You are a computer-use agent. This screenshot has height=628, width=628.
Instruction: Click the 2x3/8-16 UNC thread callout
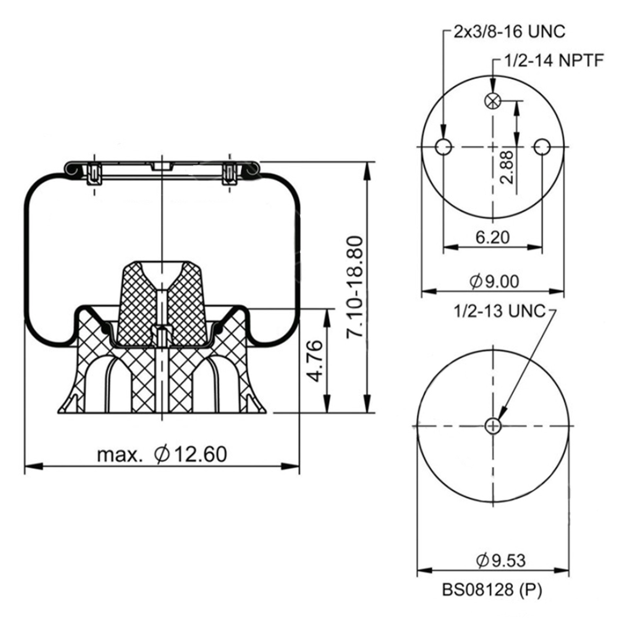pyautogui.click(x=509, y=32)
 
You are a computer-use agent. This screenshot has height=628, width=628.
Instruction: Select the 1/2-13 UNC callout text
pyautogui.click(x=499, y=311)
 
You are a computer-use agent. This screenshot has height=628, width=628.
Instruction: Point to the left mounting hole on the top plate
pyautogui.click(x=444, y=147)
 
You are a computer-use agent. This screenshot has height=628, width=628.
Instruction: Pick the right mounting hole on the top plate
pyautogui.click(x=542, y=147)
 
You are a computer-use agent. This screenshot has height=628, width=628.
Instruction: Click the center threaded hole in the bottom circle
pyautogui.click(x=493, y=426)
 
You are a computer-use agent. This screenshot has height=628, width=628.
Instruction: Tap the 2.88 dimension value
pyautogui.click(x=507, y=167)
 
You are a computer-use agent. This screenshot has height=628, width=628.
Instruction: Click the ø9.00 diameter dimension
pyautogui.click(x=494, y=282)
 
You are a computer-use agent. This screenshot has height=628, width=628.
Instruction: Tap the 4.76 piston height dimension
pyautogui.click(x=316, y=360)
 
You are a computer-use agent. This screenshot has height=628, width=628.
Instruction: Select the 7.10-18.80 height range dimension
pyautogui.click(x=355, y=287)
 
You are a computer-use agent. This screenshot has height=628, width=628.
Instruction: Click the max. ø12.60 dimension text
pyautogui.click(x=162, y=455)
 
